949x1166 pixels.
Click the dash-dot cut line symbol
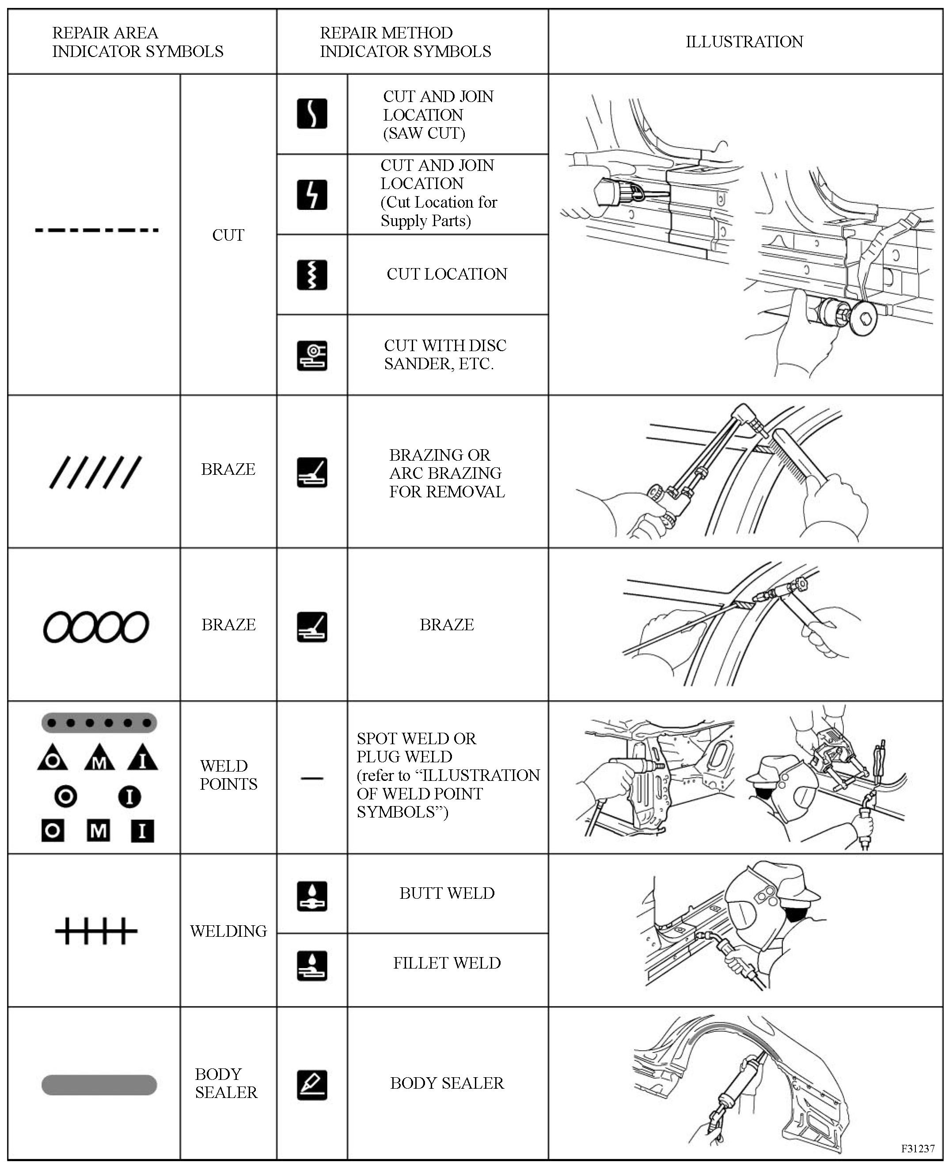click(x=97, y=230)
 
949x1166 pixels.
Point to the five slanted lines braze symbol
click(x=96, y=472)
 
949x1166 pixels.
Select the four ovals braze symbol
click(x=96, y=626)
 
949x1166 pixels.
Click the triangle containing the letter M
click(x=99, y=758)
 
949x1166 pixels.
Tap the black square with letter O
click(x=53, y=831)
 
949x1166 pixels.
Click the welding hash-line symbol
click(x=96, y=931)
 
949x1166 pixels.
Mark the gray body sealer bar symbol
click(x=99, y=1085)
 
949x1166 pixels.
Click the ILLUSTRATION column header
click(x=744, y=42)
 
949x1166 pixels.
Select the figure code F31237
click(x=918, y=1148)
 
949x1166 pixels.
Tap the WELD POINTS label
click(x=228, y=775)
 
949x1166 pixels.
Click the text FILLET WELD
click(x=447, y=963)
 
